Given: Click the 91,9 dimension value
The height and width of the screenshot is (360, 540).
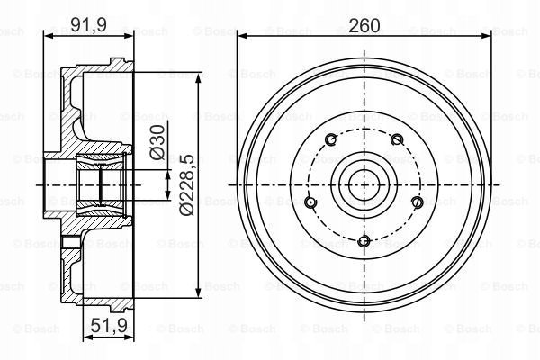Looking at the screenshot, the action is coord(88,24).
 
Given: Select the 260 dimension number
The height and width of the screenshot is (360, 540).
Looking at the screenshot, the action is coord(364,25).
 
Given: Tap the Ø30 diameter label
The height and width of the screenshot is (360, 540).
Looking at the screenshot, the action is coord(157,142).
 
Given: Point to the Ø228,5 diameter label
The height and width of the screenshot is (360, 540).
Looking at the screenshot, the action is coord(187,185).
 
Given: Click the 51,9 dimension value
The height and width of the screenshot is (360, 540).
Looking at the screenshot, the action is coord(109,325).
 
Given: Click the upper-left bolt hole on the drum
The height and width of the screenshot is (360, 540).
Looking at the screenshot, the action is coord(331,139).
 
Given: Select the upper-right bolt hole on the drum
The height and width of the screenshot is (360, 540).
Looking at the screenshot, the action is coord(397,139).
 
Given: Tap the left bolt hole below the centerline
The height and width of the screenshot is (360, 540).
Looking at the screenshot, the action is coord(311,202).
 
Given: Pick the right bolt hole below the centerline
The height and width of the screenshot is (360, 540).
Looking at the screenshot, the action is coord(418,202).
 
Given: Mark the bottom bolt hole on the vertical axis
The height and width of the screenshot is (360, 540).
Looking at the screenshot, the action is coord(364,241).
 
